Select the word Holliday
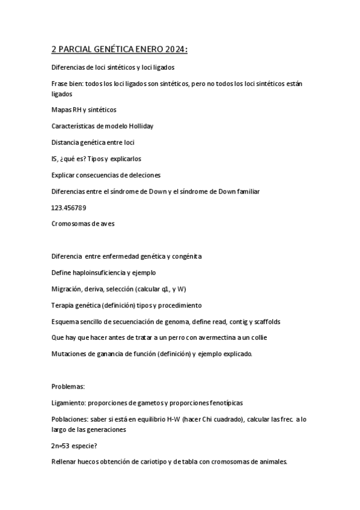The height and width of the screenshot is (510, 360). (139, 126)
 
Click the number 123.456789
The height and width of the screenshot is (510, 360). (69, 207)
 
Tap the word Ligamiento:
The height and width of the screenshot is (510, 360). (71, 402)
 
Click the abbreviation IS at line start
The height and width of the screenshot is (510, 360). (55, 159)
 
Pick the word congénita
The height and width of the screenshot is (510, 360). (183, 256)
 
